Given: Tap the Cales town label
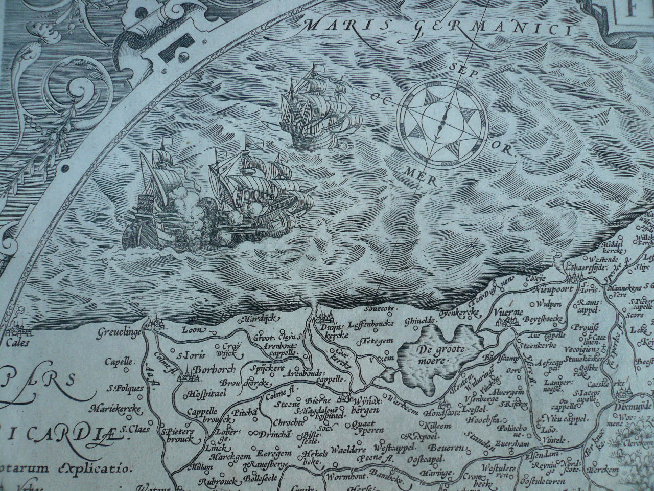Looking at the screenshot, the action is point(18,344).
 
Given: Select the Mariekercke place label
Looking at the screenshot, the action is point(108,409).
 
